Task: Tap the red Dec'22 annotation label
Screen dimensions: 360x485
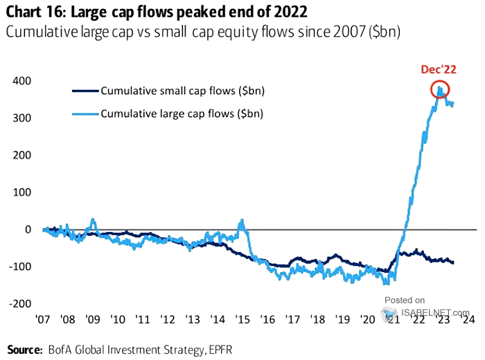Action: [439, 69]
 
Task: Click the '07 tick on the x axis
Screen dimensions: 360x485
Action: [42, 321]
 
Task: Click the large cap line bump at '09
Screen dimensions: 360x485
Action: [91, 222]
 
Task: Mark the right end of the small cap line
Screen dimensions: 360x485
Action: [453, 262]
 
